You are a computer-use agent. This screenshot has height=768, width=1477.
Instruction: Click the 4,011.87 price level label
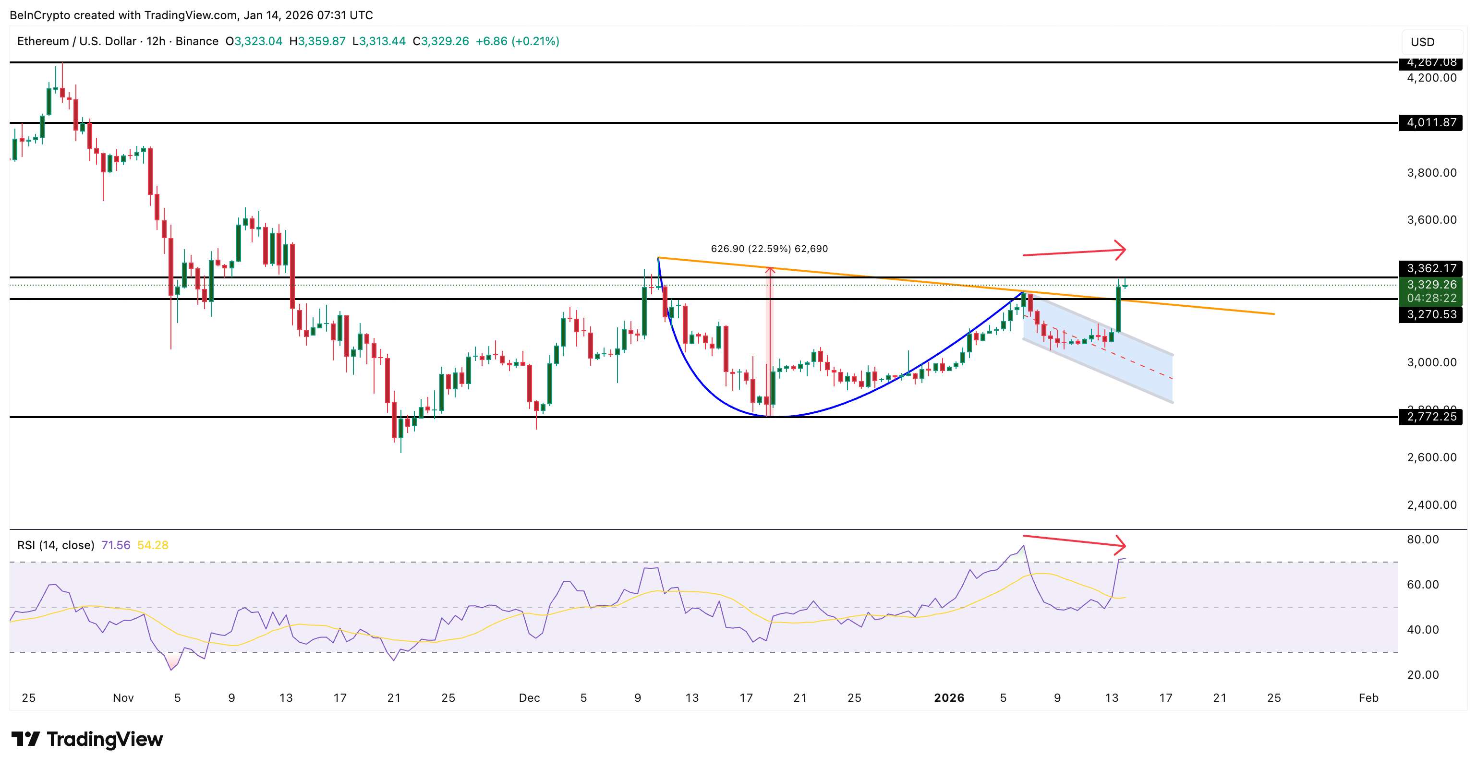1430,123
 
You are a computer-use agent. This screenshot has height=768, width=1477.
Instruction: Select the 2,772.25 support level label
1430,417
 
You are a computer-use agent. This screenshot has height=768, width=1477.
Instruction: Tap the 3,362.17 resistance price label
1430,268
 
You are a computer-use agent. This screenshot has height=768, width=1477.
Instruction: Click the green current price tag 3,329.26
1430,285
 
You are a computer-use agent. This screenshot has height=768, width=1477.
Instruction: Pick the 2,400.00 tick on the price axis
1431,505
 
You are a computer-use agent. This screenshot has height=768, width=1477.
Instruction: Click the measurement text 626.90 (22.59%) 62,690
769,249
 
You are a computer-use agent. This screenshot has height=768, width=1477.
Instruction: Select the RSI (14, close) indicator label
56,545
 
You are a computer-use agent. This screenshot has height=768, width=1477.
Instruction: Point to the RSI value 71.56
116,545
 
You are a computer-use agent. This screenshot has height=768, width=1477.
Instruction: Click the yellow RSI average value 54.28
153,545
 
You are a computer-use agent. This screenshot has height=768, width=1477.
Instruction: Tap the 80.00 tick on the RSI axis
1423,540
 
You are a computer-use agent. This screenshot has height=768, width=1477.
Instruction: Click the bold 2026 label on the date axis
949,698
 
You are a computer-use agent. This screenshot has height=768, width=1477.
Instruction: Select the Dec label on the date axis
529,698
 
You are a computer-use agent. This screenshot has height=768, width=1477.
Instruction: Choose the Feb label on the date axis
1368,698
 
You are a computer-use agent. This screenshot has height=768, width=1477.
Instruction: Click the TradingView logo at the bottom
87,739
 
